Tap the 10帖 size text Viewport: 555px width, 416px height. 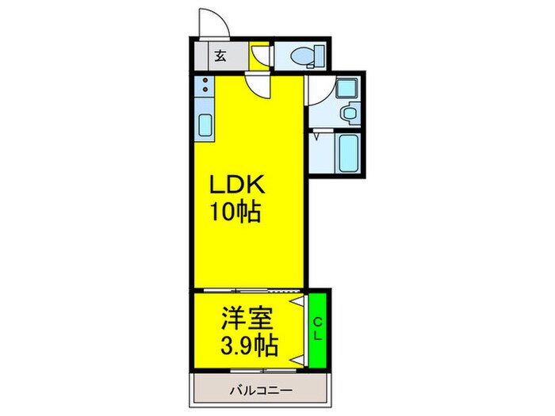coord(235,212)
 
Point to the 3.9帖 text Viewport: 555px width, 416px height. coord(247,345)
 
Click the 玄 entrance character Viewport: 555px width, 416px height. coord(219,56)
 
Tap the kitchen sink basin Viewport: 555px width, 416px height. coord(204,126)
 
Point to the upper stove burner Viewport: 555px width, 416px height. coord(204,82)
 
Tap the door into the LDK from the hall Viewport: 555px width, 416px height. coord(257,83)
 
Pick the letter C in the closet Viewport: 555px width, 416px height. coord(316,322)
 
